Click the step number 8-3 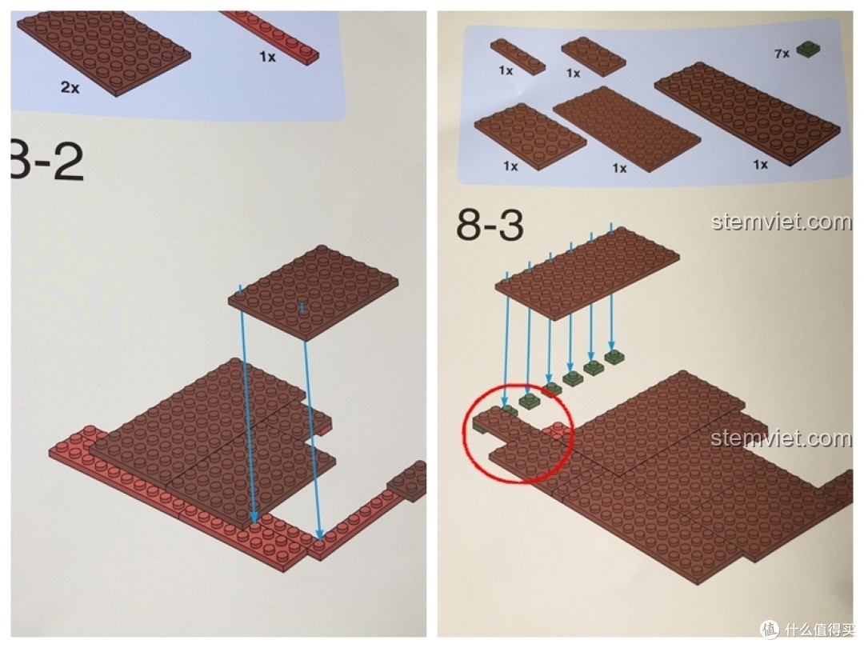tap(490, 225)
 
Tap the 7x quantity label tap(782, 54)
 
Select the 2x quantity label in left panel tap(70, 88)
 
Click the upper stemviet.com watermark tap(781, 222)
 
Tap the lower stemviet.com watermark tap(781, 438)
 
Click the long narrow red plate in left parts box tap(272, 36)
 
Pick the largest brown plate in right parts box tap(747, 111)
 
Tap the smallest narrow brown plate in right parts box tap(519, 56)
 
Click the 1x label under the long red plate tap(267, 58)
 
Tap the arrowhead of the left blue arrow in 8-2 tap(255, 520)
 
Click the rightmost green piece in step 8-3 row tap(614, 356)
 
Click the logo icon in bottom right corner tap(770, 628)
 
